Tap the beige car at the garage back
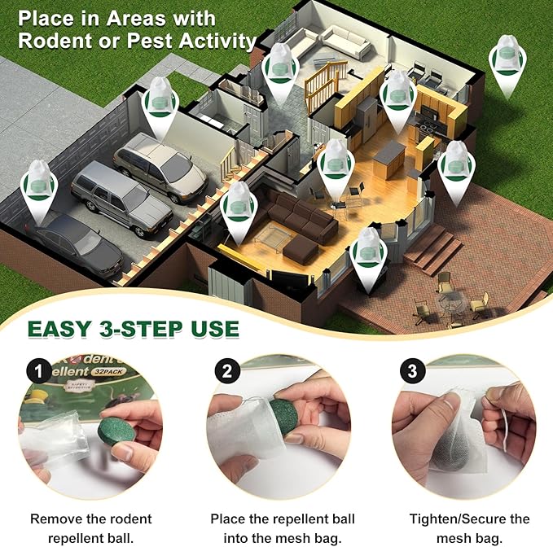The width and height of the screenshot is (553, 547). click(160, 165)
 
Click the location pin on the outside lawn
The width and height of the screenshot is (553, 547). click(507, 67)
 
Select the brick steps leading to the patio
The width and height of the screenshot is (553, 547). click(432, 248)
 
